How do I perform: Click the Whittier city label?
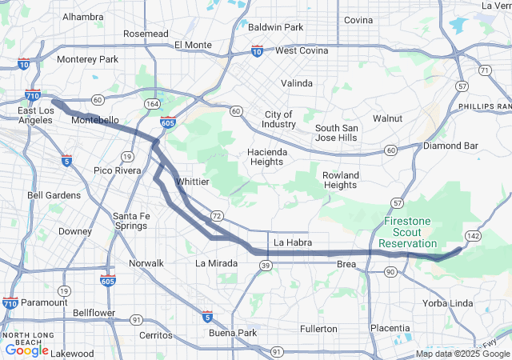(192, 182)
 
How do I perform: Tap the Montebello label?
(95, 120)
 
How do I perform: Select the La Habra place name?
(291, 242)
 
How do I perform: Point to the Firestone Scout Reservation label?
(408, 231)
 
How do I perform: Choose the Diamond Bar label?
(450, 146)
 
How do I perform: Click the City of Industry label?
(278, 119)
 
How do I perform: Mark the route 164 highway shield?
(151, 104)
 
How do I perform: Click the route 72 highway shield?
(217, 215)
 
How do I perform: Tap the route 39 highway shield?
(265, 265)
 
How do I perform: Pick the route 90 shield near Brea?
(390, 272)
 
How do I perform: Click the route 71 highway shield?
(484, 70)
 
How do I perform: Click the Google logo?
(26, 350)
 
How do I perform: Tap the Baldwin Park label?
(275, 27)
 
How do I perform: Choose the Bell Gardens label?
(54, 194)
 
